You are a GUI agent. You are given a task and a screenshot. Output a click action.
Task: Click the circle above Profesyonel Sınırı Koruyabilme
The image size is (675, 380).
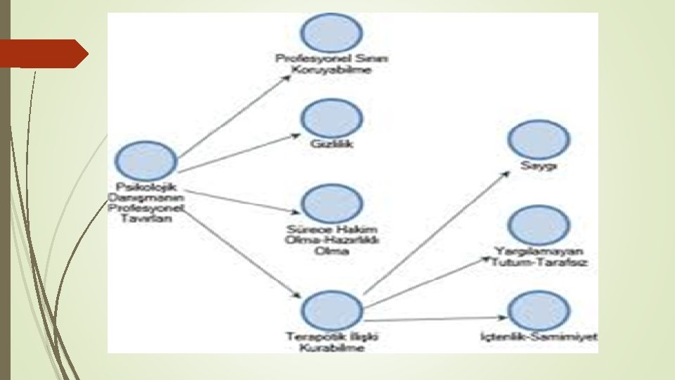[331, 32]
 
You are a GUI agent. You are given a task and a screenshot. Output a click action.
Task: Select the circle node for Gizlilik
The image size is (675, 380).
[331, 118]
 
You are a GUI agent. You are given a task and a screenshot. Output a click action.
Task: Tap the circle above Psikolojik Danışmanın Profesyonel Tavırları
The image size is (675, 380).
[146, 160]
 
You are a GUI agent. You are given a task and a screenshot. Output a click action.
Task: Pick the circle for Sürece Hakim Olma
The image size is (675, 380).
[331, 203]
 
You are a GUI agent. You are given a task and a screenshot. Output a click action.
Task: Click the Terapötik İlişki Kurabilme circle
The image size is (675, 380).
[331, 309]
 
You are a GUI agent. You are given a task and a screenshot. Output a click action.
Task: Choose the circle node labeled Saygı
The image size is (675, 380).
[539, 140]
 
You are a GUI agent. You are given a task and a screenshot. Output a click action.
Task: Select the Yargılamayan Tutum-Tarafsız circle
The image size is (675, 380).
[539, 225]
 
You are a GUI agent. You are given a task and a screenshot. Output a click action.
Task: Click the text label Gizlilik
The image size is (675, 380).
[331, 144]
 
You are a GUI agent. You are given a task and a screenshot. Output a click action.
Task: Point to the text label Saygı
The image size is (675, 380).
[539, 166]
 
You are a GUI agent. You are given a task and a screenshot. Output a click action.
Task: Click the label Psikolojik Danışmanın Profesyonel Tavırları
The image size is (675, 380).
[146, 203]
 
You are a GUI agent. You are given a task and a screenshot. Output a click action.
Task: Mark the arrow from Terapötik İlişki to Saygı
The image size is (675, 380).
[436, 232]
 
